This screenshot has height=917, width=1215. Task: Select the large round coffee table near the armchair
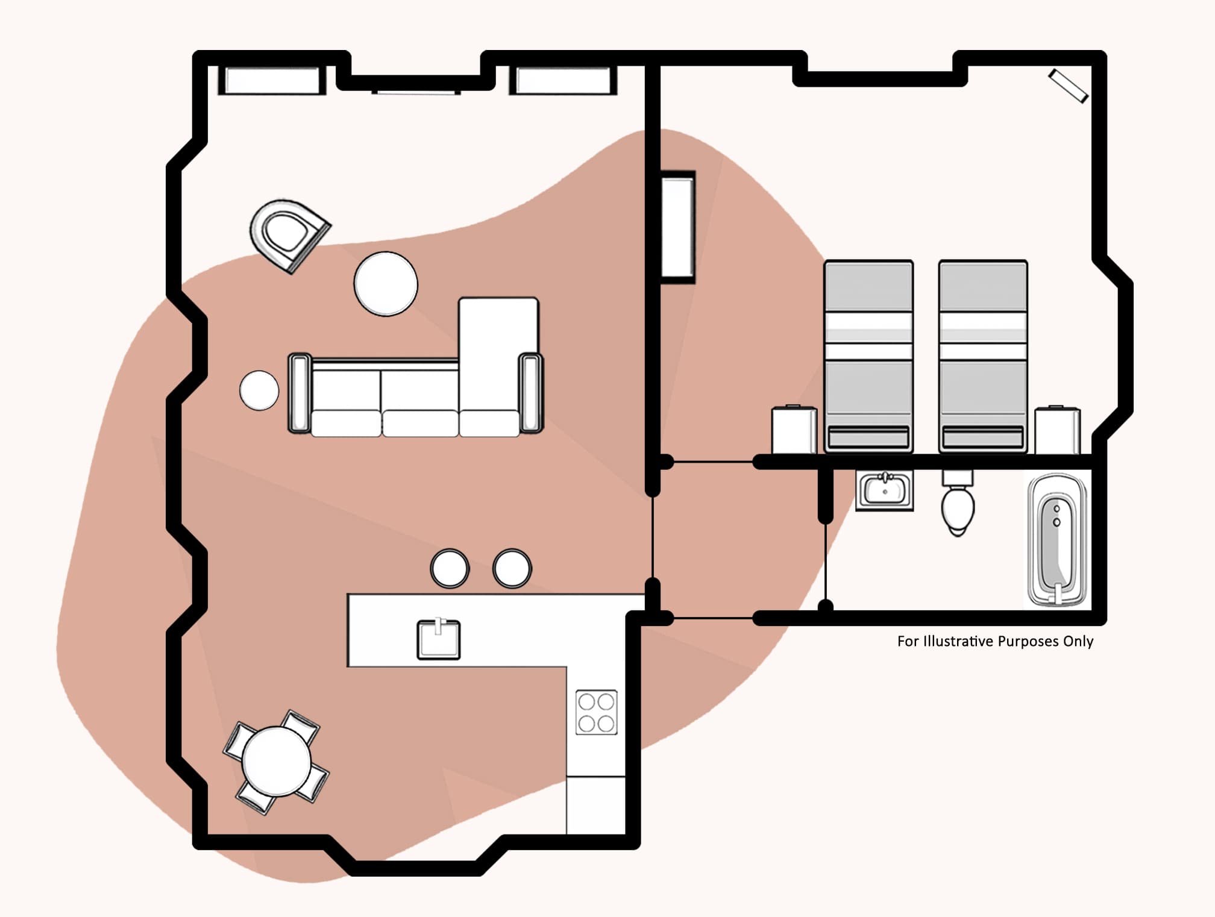point(386,284)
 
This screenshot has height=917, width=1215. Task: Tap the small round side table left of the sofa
point(259,390)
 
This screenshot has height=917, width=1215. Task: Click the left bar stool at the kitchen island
point(450,568)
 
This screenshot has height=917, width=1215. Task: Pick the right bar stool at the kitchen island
point(512,568)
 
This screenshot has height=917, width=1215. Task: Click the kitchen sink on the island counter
point(439,639)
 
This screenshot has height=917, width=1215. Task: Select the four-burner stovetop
point(596,712)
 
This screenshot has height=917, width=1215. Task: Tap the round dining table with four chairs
point(277,762)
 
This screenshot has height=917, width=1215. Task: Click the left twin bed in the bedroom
point(868,355)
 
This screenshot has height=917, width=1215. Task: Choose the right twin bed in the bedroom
point(983,355)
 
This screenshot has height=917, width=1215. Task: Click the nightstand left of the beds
point(794,430)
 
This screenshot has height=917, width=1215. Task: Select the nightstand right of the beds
point(1057,430)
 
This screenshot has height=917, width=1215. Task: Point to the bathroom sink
point(884,489)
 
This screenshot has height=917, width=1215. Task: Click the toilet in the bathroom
point(958,506)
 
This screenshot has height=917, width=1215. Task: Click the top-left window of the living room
point(272,80)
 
